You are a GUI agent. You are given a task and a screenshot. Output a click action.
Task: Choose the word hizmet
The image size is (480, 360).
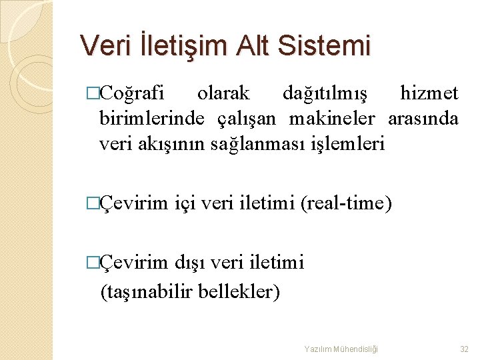(429, 93)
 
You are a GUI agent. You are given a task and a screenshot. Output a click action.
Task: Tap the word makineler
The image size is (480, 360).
(333, 119)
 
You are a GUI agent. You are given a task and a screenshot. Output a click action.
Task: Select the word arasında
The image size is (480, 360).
(423, 119)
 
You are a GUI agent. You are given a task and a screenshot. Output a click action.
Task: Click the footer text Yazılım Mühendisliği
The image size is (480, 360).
(341, 349)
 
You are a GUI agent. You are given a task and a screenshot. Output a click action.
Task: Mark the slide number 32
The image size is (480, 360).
(464, 349)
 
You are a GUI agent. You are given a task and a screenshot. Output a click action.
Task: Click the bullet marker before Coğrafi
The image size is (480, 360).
(93, 93)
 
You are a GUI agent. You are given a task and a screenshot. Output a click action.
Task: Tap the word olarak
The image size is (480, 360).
(224, 93)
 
